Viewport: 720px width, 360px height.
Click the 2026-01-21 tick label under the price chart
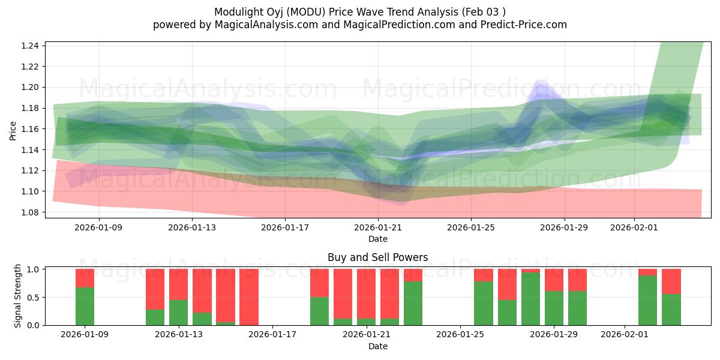378,227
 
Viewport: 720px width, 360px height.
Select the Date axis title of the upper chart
378,239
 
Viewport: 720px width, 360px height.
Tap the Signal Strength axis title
18,296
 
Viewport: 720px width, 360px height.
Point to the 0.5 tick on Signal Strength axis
33,297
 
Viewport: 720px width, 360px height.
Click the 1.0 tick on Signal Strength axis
33,269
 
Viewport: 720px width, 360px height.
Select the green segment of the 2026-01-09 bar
85,306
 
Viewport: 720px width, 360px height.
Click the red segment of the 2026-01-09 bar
85,278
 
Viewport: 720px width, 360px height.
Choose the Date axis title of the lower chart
378,346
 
